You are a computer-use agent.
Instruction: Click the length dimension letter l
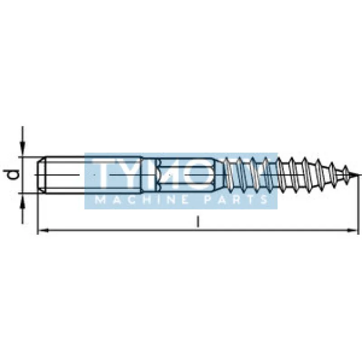pos(197,222)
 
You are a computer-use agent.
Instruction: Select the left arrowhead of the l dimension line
pos(43,230)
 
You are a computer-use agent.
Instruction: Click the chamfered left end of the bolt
pos(41,175)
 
